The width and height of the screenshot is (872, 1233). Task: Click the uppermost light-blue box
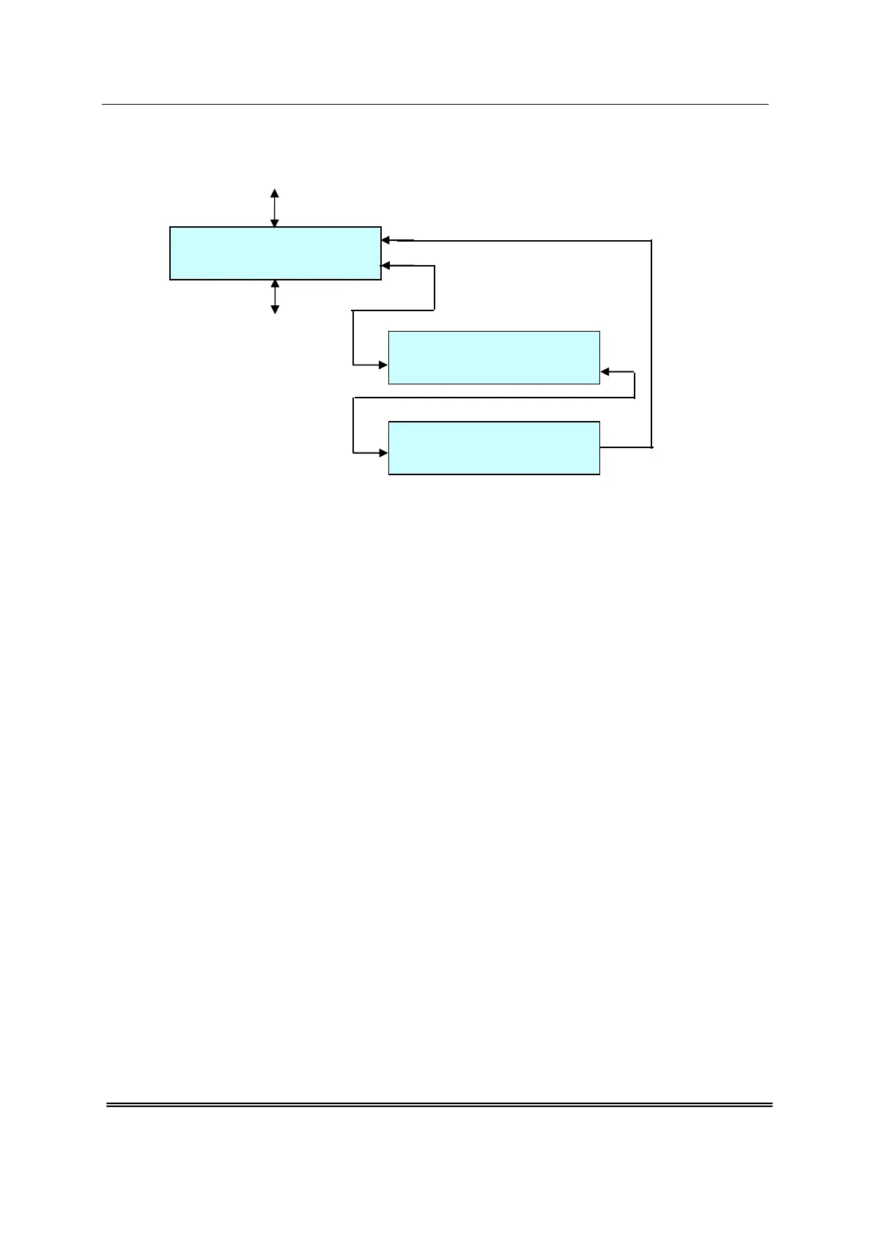[275, 253]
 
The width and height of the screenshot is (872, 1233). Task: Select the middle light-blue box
[494, 357]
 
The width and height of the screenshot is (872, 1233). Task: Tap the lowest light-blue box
[494, 448]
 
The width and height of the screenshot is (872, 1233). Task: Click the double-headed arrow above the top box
[275, 208]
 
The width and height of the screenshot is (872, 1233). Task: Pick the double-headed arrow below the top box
[275, 297]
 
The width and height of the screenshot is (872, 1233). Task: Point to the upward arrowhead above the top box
[275, 193]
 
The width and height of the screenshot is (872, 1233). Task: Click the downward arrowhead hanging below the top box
[275, 310]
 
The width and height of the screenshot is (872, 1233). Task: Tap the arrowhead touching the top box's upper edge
[275, 223]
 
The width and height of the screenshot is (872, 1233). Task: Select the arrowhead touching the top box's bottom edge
[275, 284]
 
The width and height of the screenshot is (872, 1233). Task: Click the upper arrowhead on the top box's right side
[386, 239]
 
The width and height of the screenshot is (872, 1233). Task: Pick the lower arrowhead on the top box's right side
[386, 266]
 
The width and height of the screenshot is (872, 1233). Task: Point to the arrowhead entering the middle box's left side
[383, 365]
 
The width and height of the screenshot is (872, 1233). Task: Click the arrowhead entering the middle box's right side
[605, 372]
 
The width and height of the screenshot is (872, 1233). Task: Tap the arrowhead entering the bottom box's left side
[383, 453]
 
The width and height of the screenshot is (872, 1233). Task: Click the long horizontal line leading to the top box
[528, 240]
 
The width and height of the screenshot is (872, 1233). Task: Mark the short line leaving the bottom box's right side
[626, 447]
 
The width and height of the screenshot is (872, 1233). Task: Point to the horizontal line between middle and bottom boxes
[494, 398]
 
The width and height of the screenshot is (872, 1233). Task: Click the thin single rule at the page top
[435, 104]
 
